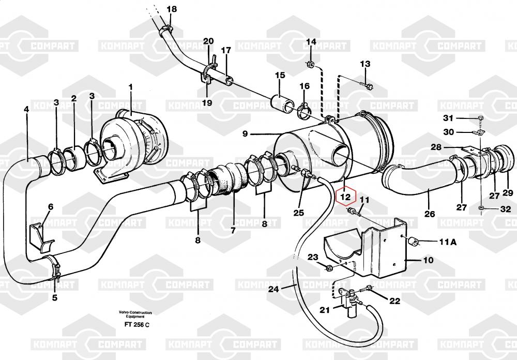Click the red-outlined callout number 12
pos(345,197)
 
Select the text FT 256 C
pos(136,324)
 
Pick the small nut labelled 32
pos(481,208)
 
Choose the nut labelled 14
pos(311,64)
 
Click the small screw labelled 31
pos(480,118)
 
